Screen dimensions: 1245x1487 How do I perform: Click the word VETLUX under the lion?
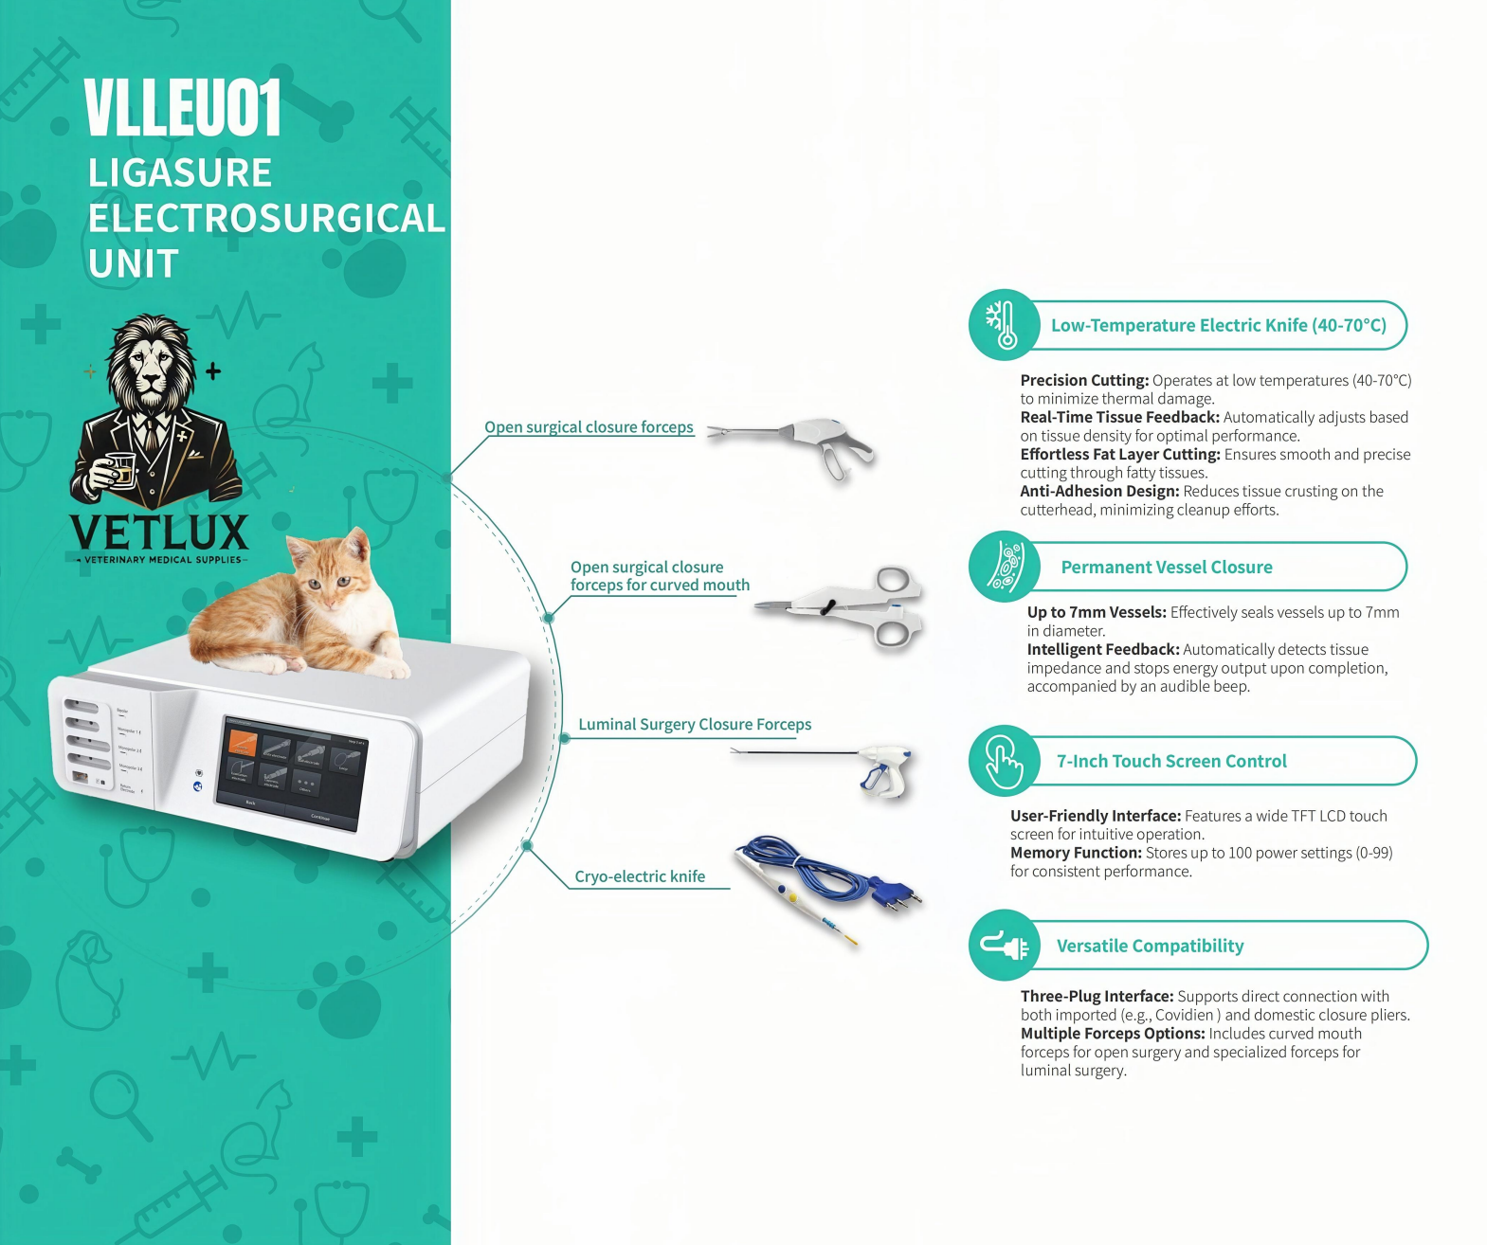pyautogui.click(x=159, y=532)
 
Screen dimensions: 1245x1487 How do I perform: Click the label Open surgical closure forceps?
pyautogui.click(x=589, y=427)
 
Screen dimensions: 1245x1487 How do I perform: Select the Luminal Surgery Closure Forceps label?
pyautogui.click(x=695, y=725)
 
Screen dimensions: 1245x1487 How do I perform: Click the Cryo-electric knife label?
pyautogui.click(x=640, y=876)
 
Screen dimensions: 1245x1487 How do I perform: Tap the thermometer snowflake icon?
pyautogui.click(x=1003, y=324)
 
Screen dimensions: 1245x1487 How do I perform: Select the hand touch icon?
pyautogui.click(x=1004, y=761)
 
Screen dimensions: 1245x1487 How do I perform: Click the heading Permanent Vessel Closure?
pyautogui.click(x=1167, y=568)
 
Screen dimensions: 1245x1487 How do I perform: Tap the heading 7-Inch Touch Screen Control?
pyautogui.click(x=1171, y=762)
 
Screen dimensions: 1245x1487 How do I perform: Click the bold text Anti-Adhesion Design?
pyautogui.click(x=1099, y=492)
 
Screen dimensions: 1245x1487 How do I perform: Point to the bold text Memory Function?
pyautogui.click(x=1076, y=854)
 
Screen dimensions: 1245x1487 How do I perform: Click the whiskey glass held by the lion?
pyautogui.click(x=120, y=468)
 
